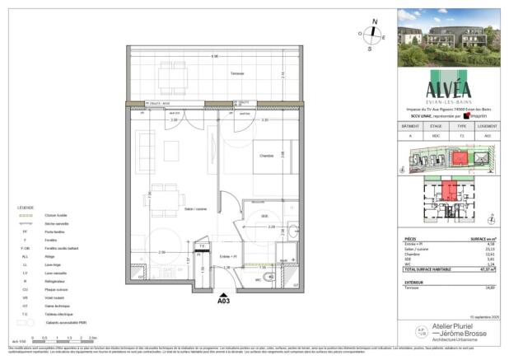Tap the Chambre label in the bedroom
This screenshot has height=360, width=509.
(x=267, y=156)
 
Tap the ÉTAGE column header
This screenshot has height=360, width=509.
(x=436, y=125)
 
